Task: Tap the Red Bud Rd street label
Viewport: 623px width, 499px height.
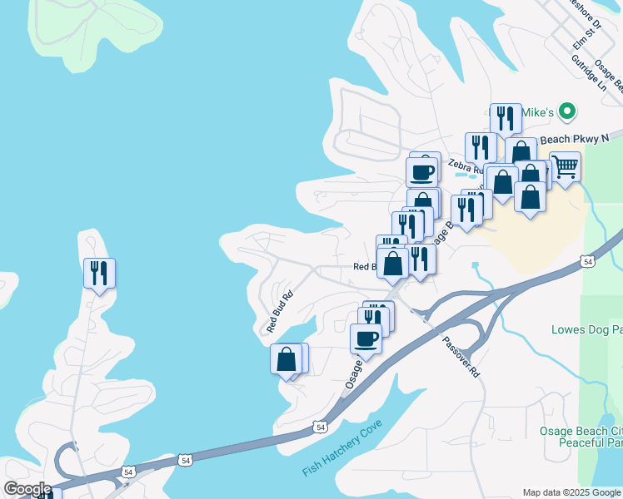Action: (280, 311)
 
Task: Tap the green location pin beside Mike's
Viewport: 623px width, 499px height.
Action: (567, 111)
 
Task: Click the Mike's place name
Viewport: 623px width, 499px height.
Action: (537, 111)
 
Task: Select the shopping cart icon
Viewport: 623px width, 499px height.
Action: (565, 166)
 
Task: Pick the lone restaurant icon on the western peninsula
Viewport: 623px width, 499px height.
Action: (99, 273)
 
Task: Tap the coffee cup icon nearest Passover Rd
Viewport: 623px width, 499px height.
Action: (366, 338)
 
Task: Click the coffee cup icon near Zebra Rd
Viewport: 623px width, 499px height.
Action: (422, 171)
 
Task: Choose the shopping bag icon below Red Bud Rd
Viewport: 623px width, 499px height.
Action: (287, 359)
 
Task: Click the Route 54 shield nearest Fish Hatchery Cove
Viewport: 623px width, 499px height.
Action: (320, 427)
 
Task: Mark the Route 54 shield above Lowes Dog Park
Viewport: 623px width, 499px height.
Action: (588, 262)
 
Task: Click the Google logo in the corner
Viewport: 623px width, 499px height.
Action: (27, 489)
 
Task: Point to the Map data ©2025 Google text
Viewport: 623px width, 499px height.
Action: (571, 492)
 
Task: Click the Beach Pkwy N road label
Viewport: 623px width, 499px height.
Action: (575, 137)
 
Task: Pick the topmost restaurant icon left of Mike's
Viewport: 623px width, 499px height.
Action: (505, 118)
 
